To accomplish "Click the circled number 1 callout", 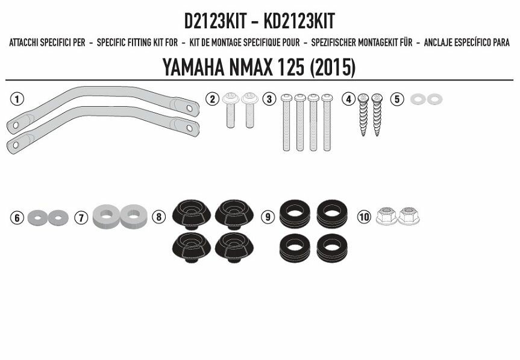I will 17,99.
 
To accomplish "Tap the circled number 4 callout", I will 348,99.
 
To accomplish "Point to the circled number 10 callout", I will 363,216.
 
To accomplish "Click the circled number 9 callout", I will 267,216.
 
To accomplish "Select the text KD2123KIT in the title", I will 298,22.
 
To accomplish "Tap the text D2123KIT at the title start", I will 215,22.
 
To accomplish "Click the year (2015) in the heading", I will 332,68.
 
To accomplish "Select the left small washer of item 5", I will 416,99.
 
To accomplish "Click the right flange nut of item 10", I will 409,215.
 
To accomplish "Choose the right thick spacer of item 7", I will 134,215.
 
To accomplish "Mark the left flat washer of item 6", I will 37,216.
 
